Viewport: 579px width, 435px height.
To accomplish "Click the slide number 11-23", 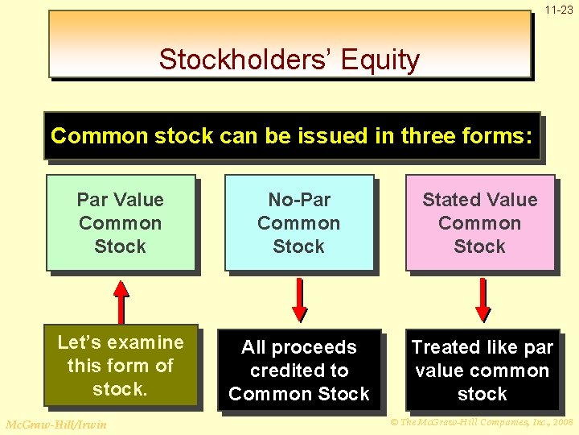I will [x=558, y=10].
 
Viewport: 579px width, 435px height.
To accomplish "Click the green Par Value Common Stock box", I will [x=121, y=222].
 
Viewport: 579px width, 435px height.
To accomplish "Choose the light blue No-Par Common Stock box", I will [x=298, y=222].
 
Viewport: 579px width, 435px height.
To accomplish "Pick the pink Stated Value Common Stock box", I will [x=479, y=222].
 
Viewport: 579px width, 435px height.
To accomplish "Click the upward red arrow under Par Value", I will [x=121, y=300].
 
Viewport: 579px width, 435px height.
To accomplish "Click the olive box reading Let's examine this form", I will [x=121, y=365].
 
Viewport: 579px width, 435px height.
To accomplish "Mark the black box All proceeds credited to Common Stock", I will [x=298, y=370].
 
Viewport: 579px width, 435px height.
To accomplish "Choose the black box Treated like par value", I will [x=482, y=370].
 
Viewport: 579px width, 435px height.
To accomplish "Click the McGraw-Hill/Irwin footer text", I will [x=55, y=425].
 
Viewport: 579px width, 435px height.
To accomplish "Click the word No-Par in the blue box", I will [x=299, y=200].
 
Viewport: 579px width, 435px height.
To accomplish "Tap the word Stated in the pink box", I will [x=453, y=200].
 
